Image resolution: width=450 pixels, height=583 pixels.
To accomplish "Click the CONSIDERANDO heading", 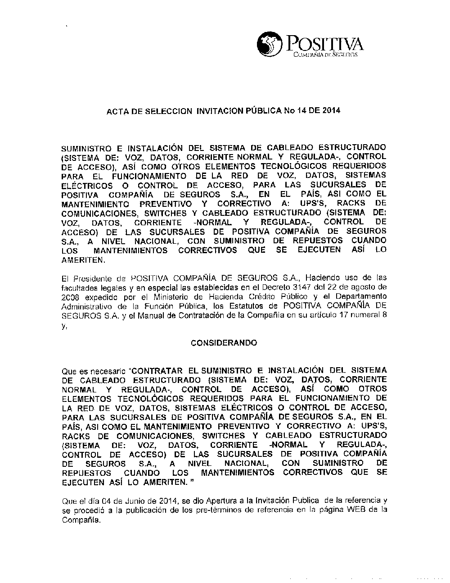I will coord(224,343).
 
